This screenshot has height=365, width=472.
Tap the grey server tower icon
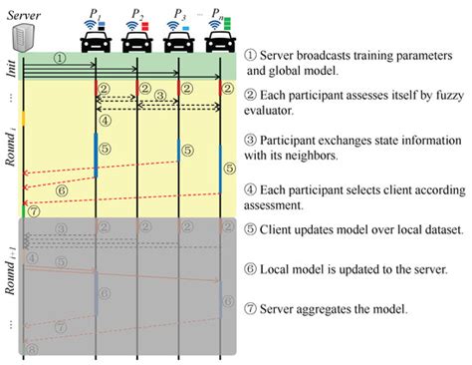point(22,37)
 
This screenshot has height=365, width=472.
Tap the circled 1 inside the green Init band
point(59,58)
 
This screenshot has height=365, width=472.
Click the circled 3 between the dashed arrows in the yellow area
point(156,101)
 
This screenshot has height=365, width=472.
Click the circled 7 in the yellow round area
point(33,210)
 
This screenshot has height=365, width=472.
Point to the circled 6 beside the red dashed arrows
point(62,188)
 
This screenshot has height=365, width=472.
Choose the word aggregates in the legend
point(341,308)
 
